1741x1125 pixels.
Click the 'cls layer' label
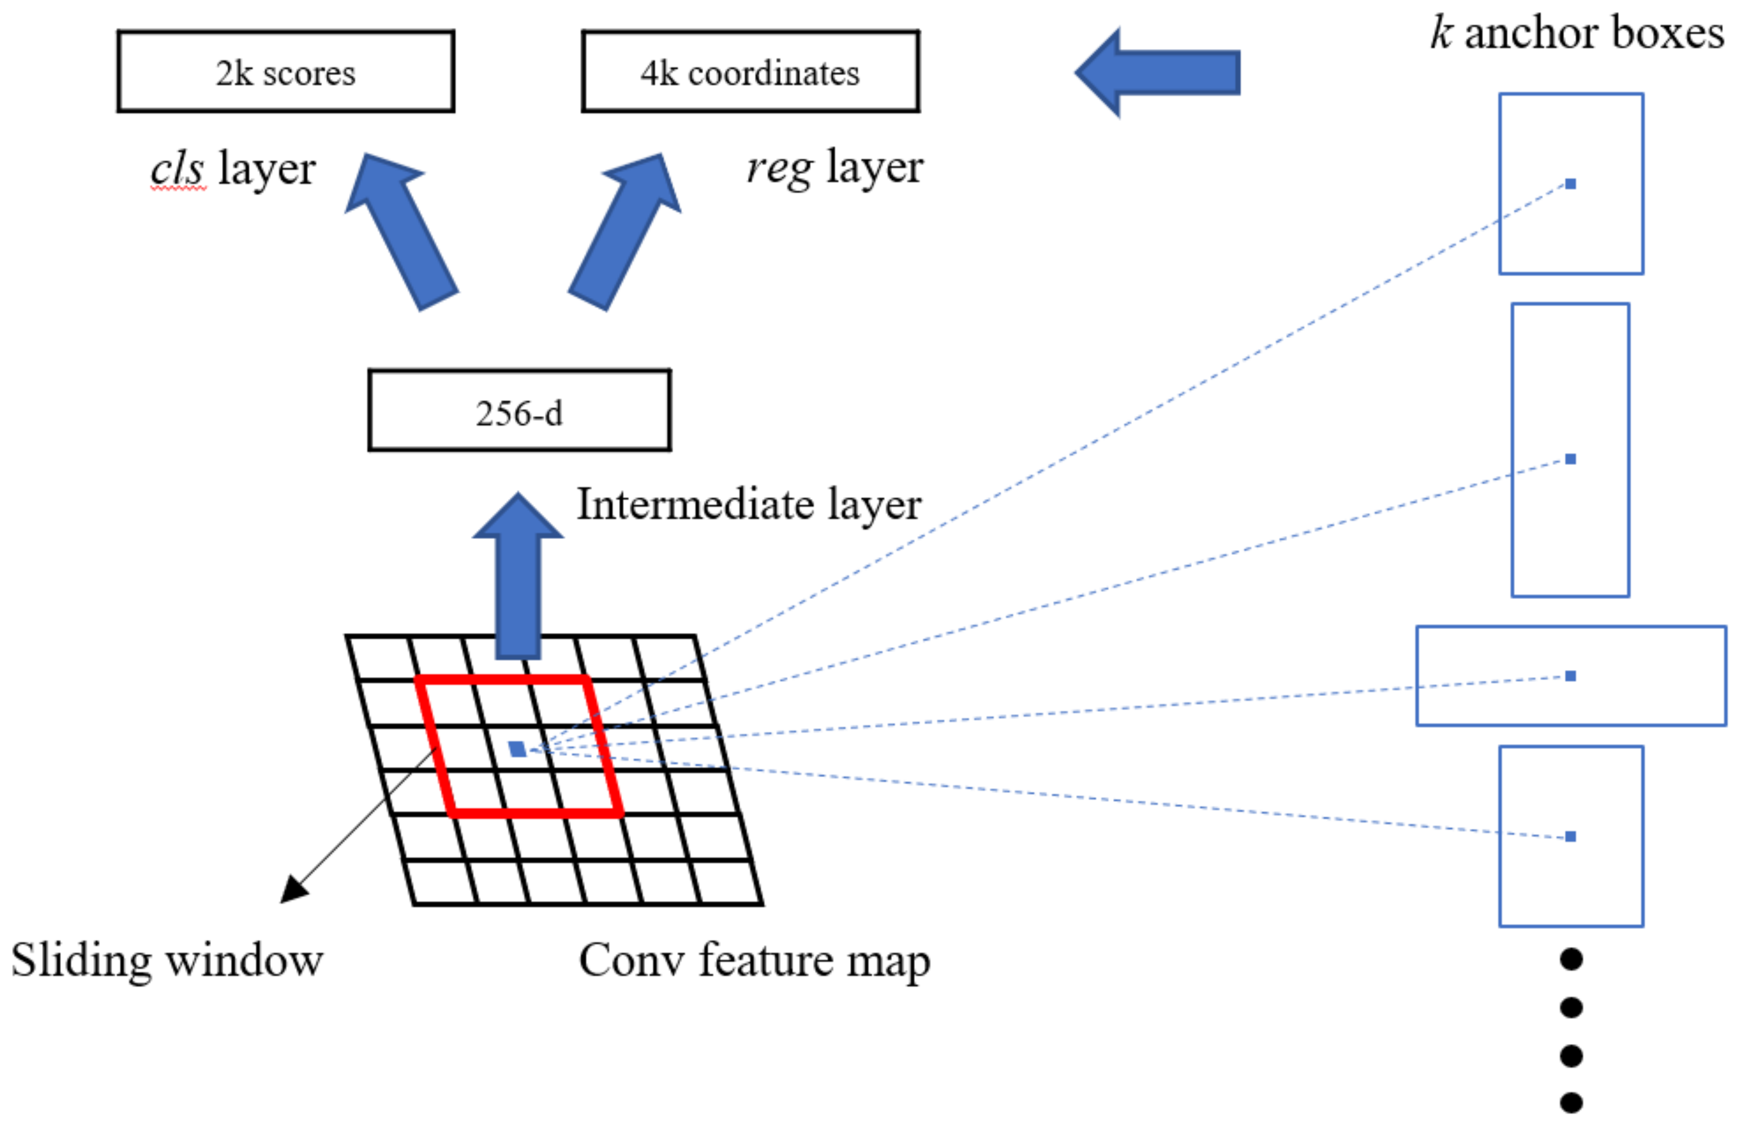click(x=232, y=170)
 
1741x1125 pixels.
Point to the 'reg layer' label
click(x=834, y=168)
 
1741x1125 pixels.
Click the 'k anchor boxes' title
click(x=1577, y=34)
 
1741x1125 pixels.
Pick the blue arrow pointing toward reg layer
click(x=626, y=230)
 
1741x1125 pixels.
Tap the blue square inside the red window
click(x=517, y=749)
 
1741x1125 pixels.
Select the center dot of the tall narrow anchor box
click(x=1570, y=459)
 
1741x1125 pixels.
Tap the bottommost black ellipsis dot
click(x=1571, y=1102)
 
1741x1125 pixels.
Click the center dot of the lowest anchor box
click(x=1570, y=836)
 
